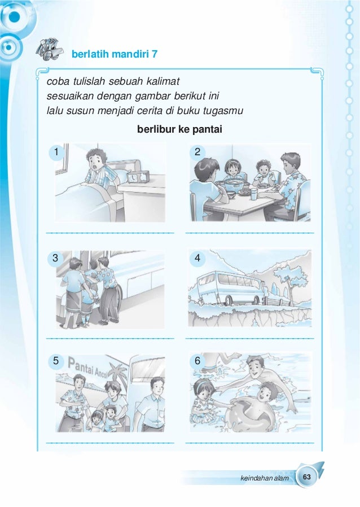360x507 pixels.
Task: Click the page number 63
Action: tap(307, 478)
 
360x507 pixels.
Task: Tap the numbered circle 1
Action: tap(55, 152)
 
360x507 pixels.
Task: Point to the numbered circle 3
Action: tap(55, 259)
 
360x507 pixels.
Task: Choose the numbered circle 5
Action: tap(55, 360)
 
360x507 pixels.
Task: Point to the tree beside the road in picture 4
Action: tap(291, 279)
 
